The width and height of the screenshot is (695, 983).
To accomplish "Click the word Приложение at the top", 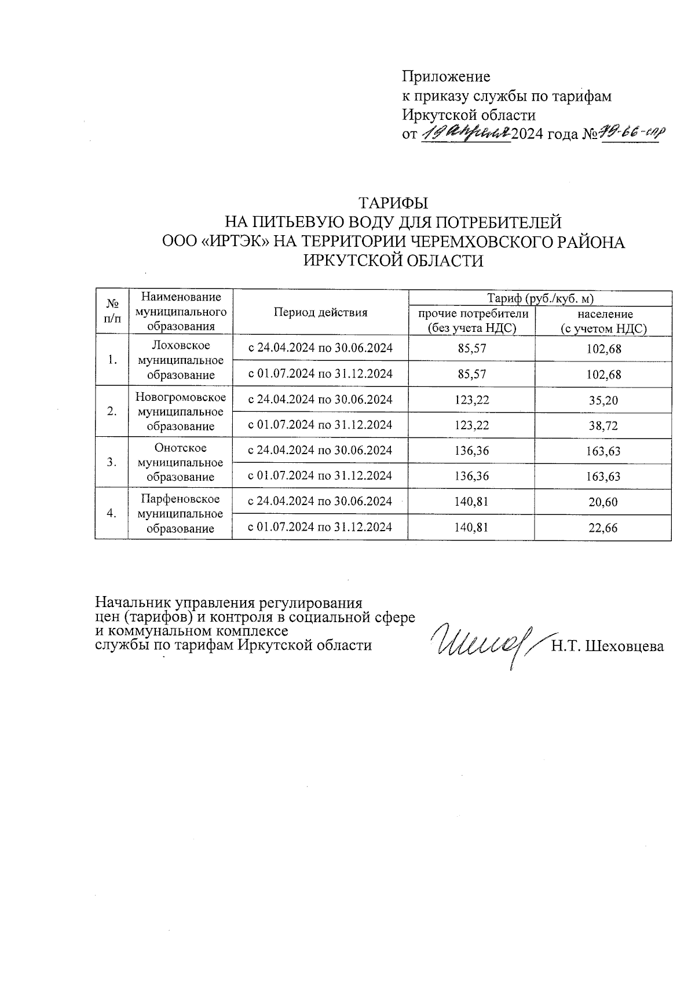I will coord(446,76).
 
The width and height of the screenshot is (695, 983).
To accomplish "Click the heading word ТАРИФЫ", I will coord(393,204).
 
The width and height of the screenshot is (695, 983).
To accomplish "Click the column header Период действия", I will coord(320,312).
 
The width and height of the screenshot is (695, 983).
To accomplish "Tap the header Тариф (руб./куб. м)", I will coord(540,298).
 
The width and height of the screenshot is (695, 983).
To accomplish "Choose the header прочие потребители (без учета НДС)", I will coord(471,321).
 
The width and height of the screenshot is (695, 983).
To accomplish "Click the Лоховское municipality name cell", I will coord(180,360).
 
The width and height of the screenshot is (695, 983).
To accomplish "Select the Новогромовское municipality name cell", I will coord(180,411).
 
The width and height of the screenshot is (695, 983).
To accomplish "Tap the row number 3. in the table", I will coord(112,462).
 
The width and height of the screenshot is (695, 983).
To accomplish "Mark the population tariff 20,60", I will coord(603,502).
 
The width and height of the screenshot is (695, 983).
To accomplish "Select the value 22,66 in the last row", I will coord(603,528).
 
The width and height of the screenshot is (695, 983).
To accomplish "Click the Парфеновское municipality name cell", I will coord(180,513).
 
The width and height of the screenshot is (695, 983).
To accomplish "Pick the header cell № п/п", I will coord(112,311).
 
